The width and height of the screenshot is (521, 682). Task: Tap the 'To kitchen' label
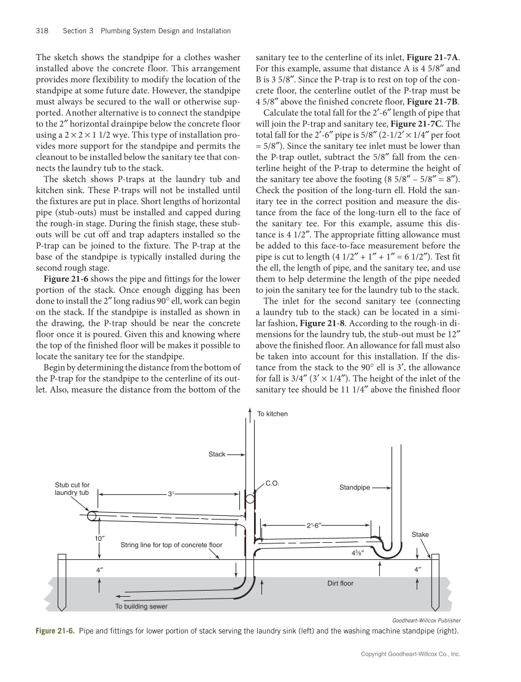(272, 414)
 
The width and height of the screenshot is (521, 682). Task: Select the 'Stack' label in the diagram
(217, 454)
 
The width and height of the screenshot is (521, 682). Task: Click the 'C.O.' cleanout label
(272, 483)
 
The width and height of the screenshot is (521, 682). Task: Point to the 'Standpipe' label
(355, 488)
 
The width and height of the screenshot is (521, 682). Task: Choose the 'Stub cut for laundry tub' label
(72, 489)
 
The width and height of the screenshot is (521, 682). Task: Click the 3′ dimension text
(172, 494)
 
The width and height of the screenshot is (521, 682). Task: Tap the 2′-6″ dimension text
(315, 526)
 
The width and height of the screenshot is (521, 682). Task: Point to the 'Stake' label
(420, 535)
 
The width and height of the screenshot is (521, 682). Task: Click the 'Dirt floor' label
(341, 583)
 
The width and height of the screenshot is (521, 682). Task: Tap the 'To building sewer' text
(141, 607)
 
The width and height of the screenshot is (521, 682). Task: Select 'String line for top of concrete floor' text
(171, 545)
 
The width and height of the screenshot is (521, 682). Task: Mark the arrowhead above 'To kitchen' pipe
(249, 408)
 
